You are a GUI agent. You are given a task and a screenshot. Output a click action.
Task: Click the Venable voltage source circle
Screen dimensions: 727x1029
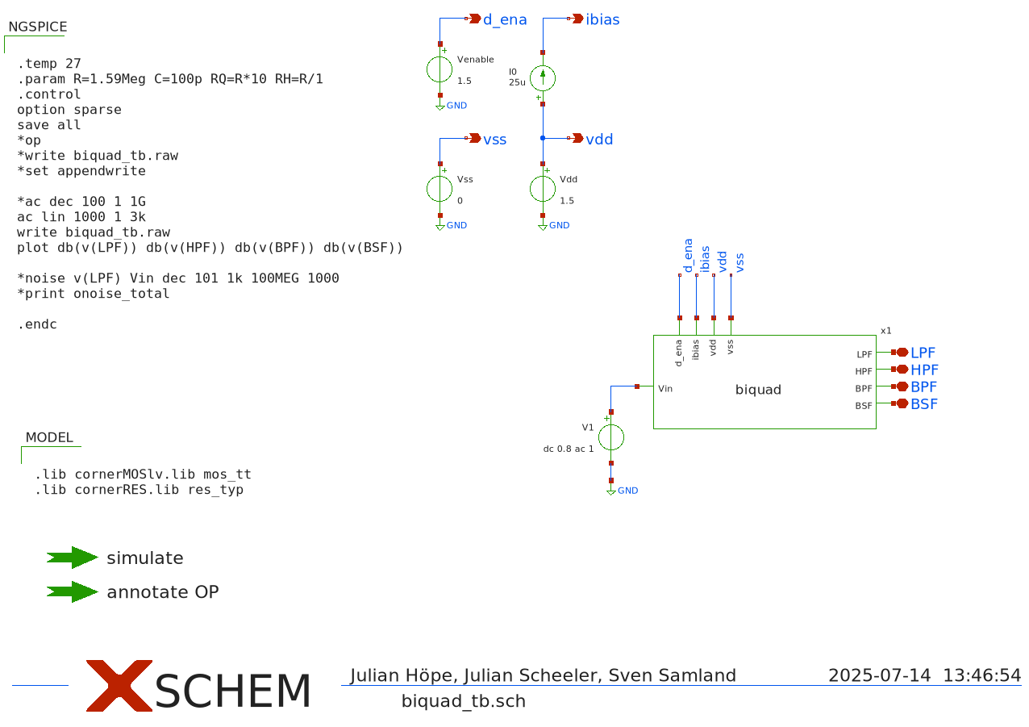click(x=440, y=69)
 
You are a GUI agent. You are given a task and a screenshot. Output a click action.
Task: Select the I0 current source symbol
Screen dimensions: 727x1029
click(x=543, y=78)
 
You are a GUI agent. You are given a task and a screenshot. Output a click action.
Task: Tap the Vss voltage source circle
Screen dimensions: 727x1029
click(x=440, y=189)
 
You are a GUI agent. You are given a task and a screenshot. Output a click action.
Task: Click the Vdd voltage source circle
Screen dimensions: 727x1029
click(x=543, y=189)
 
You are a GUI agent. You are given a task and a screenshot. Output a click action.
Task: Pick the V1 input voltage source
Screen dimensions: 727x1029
click(x=610, y=437)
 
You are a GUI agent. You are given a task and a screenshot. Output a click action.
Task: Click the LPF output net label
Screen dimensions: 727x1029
click(x=923, y=353)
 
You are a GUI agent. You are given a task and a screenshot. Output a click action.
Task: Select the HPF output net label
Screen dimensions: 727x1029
click(x=924, y=370)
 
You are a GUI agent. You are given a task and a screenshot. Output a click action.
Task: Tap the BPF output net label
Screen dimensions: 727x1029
click(x=924, y=387)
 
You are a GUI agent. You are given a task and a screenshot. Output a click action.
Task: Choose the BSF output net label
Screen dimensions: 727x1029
click(x=924, y=404)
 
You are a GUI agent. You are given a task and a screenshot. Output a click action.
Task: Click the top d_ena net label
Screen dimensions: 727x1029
click(x=504, y=19)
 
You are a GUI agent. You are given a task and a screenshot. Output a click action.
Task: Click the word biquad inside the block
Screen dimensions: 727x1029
click(x=758, y=390)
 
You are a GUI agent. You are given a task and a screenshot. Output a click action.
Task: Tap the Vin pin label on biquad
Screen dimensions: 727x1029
click(x=665, y=389)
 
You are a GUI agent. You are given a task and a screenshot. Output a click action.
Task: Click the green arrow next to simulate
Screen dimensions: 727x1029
click(x=72, y=558)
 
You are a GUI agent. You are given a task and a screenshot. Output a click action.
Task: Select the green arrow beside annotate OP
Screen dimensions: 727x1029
click(x=72, y=591)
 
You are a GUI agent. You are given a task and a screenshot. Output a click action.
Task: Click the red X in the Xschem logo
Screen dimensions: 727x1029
click(x=119, y=686)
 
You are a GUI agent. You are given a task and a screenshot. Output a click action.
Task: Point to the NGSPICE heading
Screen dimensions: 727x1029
click(x=37, y=27)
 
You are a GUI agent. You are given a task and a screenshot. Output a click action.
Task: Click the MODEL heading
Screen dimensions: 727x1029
click(x=49, y=437)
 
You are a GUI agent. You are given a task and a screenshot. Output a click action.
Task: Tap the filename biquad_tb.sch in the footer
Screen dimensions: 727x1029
click(x=463, y=701)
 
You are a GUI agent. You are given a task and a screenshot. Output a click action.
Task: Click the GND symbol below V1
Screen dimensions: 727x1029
click(x=611, y=490)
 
